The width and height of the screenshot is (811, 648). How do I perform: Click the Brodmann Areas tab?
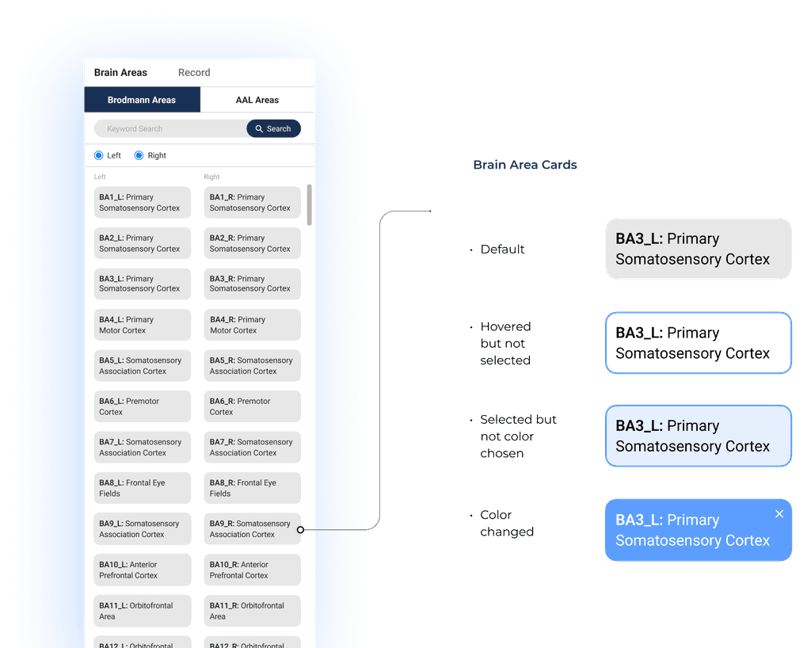pos(142,100)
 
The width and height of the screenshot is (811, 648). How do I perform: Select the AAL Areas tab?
pos(257,100)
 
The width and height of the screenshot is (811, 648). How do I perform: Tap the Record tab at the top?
pos(194,72)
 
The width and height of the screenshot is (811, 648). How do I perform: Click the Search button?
pos(273,128)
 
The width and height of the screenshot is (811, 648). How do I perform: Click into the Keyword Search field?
pos(169,128)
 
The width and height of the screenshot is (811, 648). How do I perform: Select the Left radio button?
pos(99,155)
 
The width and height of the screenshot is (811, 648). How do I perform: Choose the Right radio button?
pos(139,155)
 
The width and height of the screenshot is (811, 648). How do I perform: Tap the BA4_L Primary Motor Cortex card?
pos(143,325)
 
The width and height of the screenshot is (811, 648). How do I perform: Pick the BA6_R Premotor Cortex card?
pos(253,406)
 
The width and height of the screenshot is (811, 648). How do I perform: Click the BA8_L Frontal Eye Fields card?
pos(143,488)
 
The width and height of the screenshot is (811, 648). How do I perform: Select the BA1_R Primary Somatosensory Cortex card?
pos(253,202)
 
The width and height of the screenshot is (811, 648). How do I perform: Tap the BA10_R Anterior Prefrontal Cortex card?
pos(253,570)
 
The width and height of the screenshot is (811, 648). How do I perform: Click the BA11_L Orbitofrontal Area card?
pos(143,611)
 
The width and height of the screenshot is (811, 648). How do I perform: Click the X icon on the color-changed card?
pos(779,514)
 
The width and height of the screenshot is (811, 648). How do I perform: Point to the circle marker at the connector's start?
pos(300,530)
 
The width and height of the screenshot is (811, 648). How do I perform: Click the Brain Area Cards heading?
pos(524,165)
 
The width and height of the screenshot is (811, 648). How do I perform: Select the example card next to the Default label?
pos(698,249)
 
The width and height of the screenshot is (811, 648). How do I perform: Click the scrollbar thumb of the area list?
pos(309,204)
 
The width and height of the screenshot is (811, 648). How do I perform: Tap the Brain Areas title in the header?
pos(120,72)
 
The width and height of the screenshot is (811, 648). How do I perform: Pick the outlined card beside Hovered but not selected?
pos(698,343)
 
